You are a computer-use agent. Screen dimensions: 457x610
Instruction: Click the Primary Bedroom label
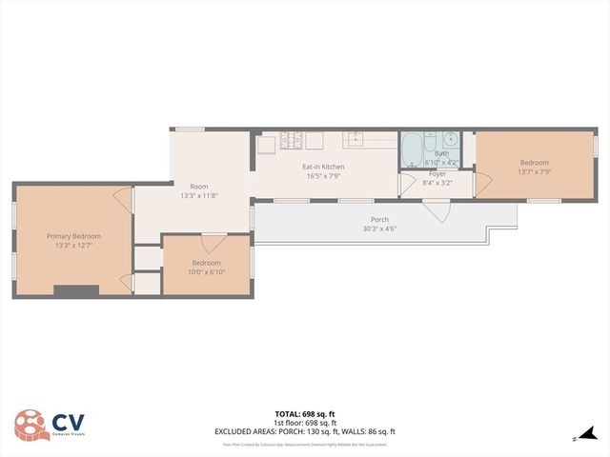click(73, 235)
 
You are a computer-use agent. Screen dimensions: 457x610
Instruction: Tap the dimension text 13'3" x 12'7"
click(73, 245)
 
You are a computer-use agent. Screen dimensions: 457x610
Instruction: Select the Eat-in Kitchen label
click(324, 167)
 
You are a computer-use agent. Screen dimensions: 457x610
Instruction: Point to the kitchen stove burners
click(291, 142)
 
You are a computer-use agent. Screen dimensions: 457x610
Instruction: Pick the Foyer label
click(437, 174)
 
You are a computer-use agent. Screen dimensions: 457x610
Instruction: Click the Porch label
click(378, 220)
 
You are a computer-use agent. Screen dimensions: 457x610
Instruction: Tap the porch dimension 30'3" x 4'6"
click(378, 228)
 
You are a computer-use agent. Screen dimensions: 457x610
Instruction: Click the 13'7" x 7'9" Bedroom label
click(534, 163)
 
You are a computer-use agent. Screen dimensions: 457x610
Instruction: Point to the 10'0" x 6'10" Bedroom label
click(207, 263)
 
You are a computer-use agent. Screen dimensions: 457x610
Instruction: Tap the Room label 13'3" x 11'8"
click(198, 187)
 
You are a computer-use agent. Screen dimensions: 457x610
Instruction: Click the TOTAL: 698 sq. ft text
click(304, 414)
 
